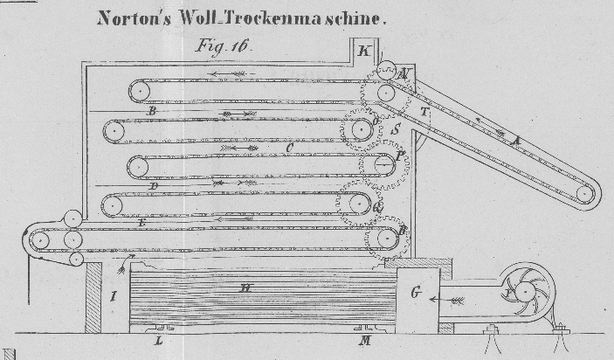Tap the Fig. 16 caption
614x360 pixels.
pos(220,47)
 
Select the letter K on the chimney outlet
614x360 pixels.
pos(363,51)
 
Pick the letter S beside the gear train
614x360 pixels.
pos(396,128)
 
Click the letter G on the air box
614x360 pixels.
pos(417,293)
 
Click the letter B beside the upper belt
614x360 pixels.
pos(152,112)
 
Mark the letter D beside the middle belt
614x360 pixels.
pos(153,185)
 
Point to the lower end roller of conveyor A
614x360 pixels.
pos(584,194)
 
